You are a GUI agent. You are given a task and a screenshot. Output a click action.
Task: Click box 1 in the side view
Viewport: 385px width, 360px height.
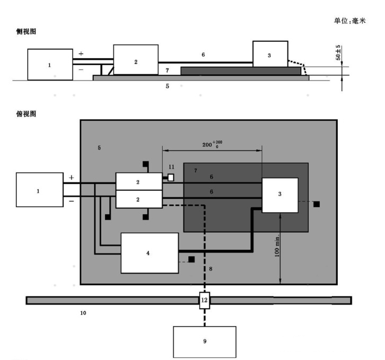(x=50, y=64)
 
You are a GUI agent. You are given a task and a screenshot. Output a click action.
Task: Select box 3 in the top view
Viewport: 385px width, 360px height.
(x=279, y=195)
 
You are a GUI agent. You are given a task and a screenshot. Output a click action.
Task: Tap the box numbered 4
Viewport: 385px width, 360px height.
(x=149, y=252)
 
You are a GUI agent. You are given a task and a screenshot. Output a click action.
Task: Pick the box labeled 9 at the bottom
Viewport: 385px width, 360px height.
(x=204, y=341)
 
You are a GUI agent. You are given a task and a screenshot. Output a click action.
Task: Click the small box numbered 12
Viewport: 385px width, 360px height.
(x=205, y=301)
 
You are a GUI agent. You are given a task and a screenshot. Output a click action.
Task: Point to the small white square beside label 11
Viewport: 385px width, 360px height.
(x=171, y=178)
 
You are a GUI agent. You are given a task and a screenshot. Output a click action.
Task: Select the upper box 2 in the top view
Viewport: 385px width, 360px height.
(x=138, y=182)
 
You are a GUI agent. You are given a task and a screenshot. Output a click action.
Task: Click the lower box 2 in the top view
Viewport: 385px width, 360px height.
(x=138, y=199)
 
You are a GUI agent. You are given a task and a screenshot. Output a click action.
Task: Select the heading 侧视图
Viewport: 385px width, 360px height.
(x=26, y=33)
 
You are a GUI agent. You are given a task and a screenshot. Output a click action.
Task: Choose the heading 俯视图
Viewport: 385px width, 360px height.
(x=26, y=114)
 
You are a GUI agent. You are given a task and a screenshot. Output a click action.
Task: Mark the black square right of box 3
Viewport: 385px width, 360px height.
(x=316, y=204)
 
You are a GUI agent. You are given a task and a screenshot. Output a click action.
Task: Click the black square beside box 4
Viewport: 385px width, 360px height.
(x=191, y=259)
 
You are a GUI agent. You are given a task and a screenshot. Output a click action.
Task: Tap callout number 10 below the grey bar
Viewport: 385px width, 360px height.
(x=83, y=313)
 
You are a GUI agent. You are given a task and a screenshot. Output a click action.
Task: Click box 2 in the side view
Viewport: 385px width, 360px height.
(x=136, y=60)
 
